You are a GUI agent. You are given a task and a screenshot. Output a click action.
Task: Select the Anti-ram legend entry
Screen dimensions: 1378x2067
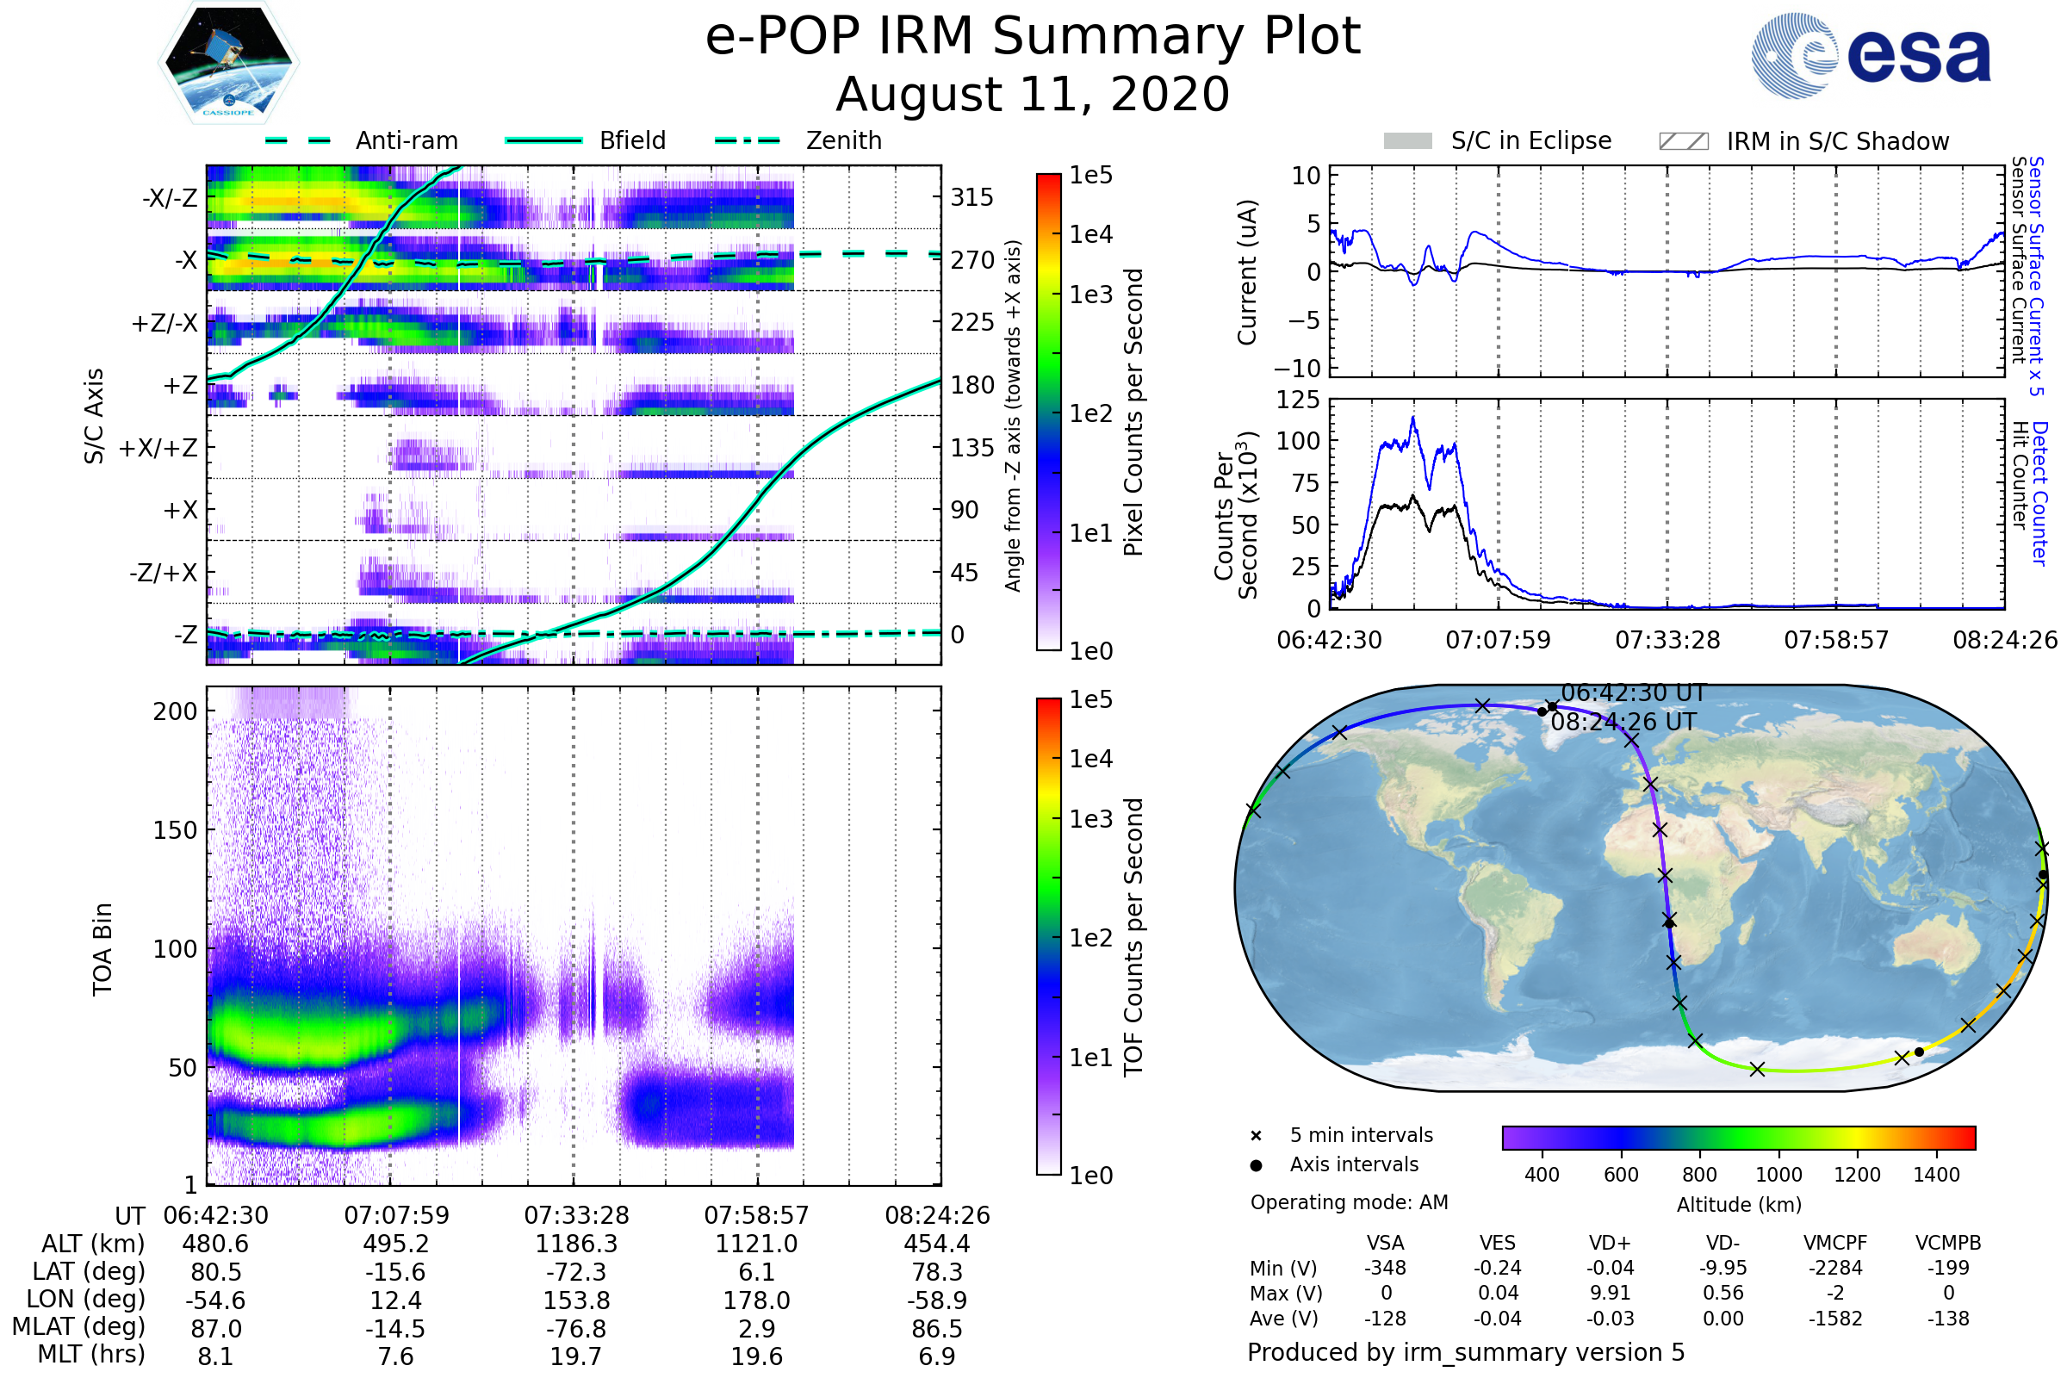362,140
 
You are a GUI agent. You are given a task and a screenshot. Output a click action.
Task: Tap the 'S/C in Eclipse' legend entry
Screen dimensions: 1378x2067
1498,140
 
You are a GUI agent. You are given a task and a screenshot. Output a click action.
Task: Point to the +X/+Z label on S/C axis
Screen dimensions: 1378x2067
158,448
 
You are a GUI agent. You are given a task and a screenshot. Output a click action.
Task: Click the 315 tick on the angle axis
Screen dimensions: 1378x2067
972,197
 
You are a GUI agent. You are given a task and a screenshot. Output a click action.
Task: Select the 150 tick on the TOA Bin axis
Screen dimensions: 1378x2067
175,830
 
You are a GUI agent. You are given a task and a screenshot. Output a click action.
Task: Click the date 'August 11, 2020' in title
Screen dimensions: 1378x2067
1033,94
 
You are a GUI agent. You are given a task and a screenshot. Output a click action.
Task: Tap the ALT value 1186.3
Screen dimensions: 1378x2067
576,1245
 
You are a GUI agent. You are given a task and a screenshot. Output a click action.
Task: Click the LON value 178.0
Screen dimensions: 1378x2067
757,1300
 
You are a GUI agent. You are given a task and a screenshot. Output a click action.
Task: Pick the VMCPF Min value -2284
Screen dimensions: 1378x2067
1835,1268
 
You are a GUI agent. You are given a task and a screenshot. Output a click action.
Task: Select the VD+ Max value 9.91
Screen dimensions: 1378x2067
1610,1294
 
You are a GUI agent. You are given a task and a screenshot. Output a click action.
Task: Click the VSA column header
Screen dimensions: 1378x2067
1385,1244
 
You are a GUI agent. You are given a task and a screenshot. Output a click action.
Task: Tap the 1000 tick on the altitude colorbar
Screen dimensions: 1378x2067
1778,1175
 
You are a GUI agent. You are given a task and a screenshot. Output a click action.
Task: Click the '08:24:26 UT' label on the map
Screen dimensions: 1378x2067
1623,723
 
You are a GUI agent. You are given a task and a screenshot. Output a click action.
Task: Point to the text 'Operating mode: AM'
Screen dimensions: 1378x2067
1349,1202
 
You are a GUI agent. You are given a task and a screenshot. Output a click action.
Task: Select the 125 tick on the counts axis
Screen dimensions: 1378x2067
1298,400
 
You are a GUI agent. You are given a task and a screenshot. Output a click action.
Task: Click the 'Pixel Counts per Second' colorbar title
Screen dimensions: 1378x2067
1133,413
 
